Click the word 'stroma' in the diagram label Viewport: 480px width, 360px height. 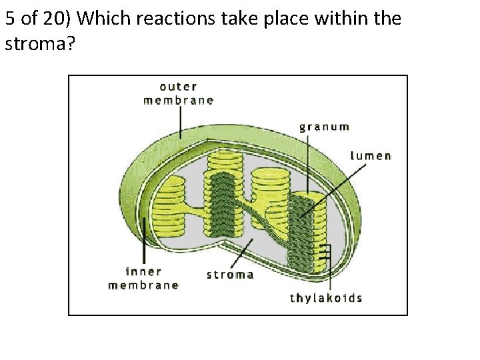coord(230,274)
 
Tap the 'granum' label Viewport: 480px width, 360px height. coord(324,127)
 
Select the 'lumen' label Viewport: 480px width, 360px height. coord(370,156)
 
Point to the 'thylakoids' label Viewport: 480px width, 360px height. coord(326,297)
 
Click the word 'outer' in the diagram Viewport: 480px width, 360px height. coord(178,87)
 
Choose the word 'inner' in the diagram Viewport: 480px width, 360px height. coord(143,271)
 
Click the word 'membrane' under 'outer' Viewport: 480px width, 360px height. coord(179,101)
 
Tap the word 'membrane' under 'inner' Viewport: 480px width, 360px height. coord(143,285)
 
